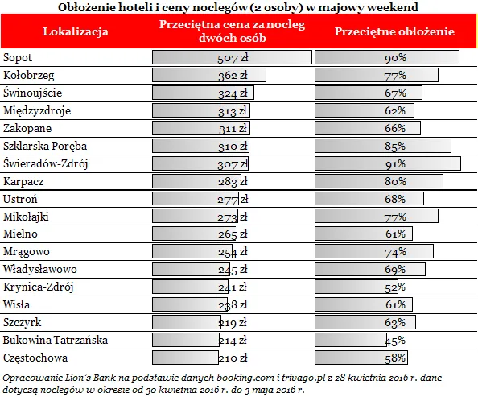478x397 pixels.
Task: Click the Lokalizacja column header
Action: click(76, 31)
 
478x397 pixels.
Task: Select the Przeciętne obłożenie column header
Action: click(394, 31)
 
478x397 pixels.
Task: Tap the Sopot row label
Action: click(18, 58)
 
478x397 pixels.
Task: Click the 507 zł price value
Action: click(233, 58)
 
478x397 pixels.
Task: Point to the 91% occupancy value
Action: click(395, 164)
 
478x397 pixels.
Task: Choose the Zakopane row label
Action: click(27, 128)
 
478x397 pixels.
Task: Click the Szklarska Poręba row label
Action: click(45, 146)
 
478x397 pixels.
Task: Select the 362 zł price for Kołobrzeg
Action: click(233, 76)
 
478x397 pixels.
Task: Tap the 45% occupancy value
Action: click(395, 341)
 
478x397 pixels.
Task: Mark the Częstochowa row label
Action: click(35, 358)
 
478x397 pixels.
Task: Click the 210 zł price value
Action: click(233, 358)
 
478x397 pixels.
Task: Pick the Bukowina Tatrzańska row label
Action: click(56, 341)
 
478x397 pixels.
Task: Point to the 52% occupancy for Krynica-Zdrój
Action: click(395, 287)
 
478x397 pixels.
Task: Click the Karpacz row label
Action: click(23, 181)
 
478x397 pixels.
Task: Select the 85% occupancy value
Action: click(395, 147)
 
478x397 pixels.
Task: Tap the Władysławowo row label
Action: click(40, 270)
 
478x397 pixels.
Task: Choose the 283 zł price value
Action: click(233, 182)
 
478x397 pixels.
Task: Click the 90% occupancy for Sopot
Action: click(395, 58)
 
